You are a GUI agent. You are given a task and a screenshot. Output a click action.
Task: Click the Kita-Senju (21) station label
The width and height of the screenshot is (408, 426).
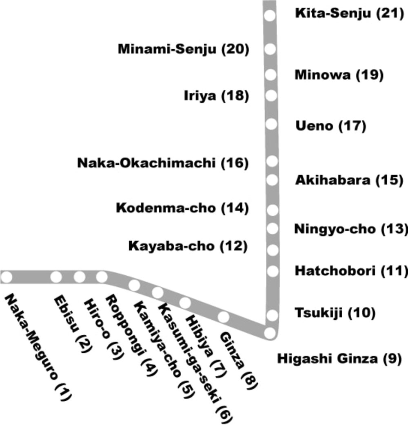pyautogui.click(x=349, y=14)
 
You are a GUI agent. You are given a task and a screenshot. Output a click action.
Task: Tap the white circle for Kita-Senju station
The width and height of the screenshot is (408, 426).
pyautogui.click(x=270, y=16)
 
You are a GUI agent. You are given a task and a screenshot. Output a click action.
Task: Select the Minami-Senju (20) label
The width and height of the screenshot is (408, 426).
pyautogui.click(x=183, y=49)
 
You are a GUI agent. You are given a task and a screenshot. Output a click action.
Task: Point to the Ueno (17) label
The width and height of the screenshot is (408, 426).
pyautogui.click(x=330, y=126)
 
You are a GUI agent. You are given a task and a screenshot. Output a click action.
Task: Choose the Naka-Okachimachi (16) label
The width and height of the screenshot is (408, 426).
pyautogui.click(x=163, y=163)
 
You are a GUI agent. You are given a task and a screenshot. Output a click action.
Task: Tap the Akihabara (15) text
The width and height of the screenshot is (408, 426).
pyautogui.click(x=349, y=180)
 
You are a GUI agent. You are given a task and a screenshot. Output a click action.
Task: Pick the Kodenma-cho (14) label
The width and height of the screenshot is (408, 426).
pyautogui.click(x=182, y=208)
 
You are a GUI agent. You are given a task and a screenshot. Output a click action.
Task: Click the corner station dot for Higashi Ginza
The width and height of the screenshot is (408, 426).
pyautogui.click(x=270, y=333)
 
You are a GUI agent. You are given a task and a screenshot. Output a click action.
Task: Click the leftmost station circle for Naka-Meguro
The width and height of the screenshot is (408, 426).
pyautogui.click(x=7, y=277)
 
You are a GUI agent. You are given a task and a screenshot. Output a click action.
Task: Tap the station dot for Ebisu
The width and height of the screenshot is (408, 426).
pyautogui.click(x=56, y=277)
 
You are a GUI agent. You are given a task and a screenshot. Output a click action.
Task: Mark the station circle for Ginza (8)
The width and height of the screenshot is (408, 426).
pyautogui.click(x=224, y=316)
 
